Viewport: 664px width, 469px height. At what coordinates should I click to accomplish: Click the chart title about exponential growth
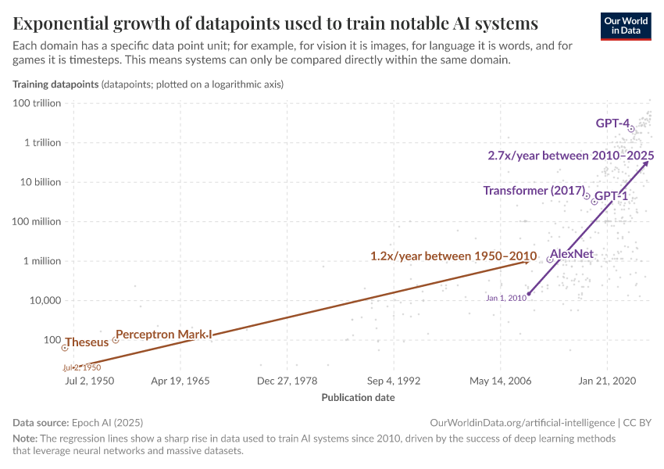point(276,22)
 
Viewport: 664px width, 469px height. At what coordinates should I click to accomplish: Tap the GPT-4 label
point(612,123)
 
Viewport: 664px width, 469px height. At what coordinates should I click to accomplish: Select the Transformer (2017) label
point(534,191)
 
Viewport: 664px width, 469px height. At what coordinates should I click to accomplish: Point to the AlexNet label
point(572,253)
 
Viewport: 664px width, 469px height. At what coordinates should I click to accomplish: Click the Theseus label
point(87,342)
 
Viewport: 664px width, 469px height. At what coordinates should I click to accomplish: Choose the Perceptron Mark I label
point(163,335)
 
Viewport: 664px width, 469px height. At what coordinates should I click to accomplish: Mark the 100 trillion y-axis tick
point(40,103)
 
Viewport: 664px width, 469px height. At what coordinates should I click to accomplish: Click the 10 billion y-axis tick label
point(42,182)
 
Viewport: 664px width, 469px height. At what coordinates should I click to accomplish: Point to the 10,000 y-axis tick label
point(48,300)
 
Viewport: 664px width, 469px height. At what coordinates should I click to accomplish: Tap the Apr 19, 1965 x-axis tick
point(180,381)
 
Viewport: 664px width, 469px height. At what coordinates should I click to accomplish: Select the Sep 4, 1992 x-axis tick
point(394,381)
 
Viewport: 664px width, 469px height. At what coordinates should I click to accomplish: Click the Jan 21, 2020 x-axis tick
point(607,381)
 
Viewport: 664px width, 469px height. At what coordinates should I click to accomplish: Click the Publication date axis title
point(358,397)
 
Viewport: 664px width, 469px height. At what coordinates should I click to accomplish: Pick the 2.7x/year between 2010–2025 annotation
point(570,156)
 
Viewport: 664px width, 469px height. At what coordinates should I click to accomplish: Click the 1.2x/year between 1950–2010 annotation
point(453,256)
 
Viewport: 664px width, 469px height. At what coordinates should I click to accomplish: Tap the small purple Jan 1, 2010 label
point(505,298)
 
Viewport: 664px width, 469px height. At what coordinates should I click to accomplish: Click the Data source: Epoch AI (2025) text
point(78,422)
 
